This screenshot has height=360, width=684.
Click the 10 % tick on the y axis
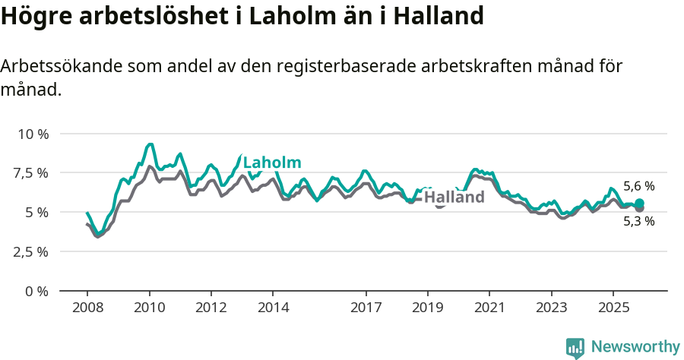click(33, 134)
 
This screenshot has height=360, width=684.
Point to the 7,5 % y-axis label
click(33, 173)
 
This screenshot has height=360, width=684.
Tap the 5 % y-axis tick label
click(37, 212)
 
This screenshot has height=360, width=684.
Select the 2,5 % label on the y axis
click(33, 251)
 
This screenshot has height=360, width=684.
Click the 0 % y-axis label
click(37, 291)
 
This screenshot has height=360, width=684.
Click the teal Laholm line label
click(272, 163)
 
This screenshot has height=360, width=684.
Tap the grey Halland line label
click(454, 197)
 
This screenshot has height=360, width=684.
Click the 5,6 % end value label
click(638, 186)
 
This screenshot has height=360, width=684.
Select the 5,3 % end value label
click(638, 222)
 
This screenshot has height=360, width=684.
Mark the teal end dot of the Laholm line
click(639, 203)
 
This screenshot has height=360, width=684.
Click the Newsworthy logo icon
click(575, 347)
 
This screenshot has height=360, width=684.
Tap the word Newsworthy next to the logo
click(635, 347)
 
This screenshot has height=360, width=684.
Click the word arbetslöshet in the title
click(144, 15)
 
